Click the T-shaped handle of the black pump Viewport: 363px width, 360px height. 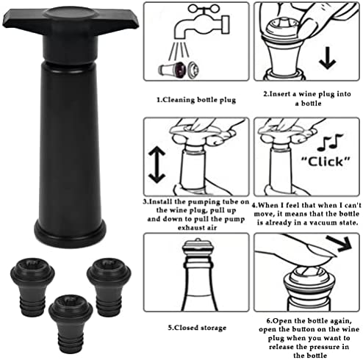tap(71, 21)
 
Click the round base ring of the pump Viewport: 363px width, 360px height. tap(70, 234)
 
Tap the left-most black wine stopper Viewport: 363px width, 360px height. tap(32, 287)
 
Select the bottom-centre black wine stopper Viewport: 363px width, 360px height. tap(71, 324)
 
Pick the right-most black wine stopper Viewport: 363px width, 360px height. tap(109, 287)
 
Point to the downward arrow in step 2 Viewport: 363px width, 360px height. tap(327, 58)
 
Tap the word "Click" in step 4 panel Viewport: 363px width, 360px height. tap(326, 162)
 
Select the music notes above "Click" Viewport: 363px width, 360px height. tap(330, 142)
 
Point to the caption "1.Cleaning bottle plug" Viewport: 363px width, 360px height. tap(196, 100)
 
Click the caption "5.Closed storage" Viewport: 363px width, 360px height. tap(197, 328)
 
